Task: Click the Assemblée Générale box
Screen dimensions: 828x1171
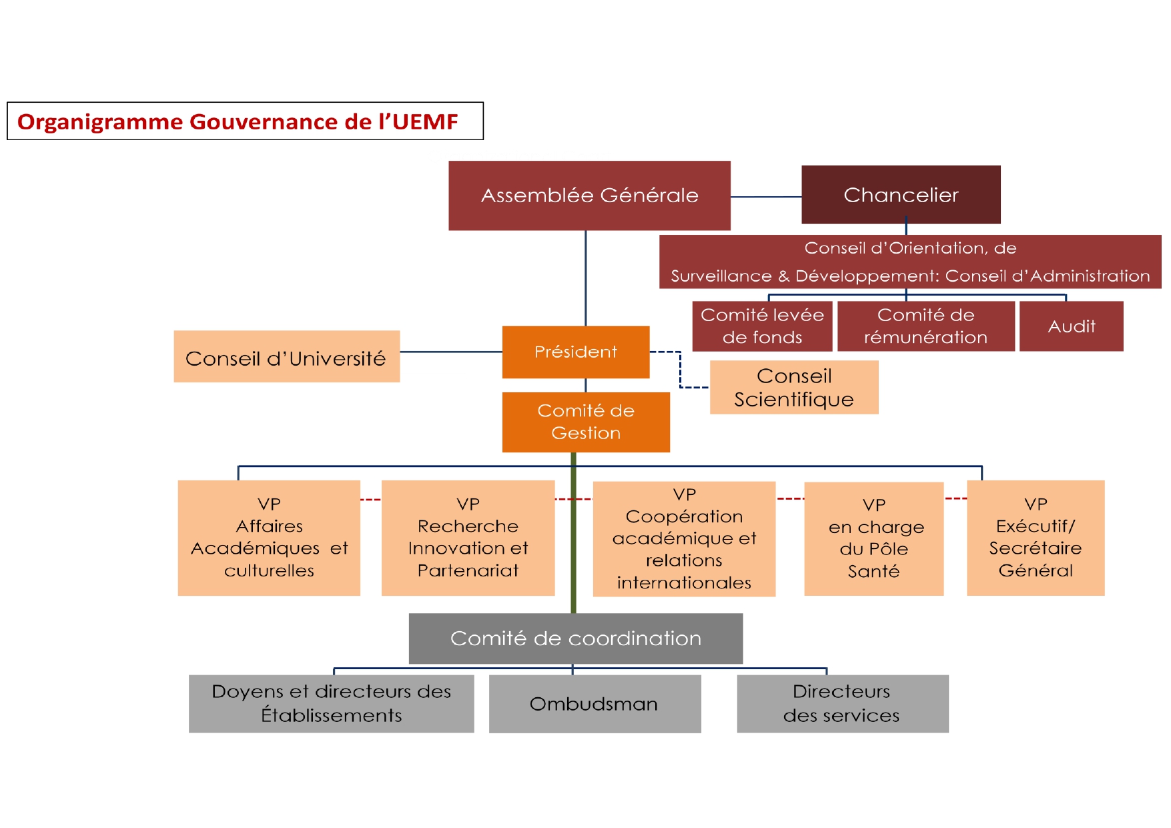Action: [589, 195]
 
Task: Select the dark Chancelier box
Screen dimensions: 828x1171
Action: [901, 195]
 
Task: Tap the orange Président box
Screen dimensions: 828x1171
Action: [576, 352]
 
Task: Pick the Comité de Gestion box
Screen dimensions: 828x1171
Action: [586, 422]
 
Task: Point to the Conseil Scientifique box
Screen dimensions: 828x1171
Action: [794, 388]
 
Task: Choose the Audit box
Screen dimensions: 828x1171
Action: [1071, 326]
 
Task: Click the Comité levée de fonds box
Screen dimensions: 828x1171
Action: [762, 326]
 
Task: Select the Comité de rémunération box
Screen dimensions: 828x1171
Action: [925, 326]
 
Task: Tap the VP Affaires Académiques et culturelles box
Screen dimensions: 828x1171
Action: [269, 538]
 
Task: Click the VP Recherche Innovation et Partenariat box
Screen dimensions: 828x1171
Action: [468, 538]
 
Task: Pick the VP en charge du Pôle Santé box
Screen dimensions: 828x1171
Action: [873, 538]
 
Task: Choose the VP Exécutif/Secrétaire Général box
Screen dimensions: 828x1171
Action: [1036, 538]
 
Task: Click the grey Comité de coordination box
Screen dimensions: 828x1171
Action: [575, 639]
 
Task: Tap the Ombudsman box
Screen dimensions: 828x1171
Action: [595, 704]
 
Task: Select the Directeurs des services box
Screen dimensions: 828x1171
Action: [842, 704]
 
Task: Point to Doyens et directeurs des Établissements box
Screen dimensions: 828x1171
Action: [331, 704]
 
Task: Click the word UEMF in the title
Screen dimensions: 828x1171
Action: [425, 122]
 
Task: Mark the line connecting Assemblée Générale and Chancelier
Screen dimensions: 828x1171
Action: [766, 197]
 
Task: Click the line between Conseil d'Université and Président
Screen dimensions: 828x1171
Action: [451, 352]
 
